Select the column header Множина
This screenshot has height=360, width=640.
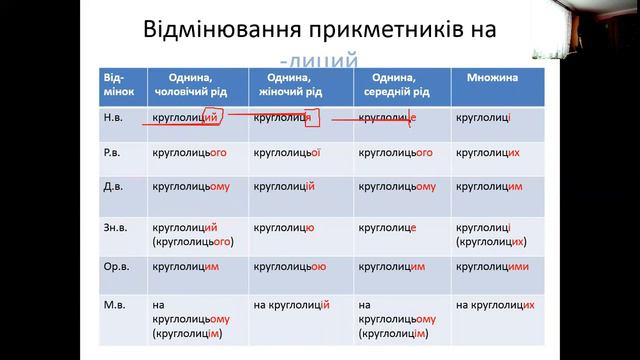[489, 77]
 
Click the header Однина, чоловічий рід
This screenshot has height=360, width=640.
[195, 84]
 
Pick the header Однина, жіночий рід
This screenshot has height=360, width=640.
[300, 84]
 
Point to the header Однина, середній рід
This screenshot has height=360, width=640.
[400, 84]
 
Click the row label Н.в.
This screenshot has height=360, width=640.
[116, 117]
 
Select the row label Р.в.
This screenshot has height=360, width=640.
[116, 153]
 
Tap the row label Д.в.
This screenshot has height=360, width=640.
[116, 186]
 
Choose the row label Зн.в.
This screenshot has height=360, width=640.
[118, 227]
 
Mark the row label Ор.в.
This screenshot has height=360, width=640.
[118, 267]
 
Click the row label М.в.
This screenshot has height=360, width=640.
[116, 304]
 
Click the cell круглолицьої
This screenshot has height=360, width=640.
[287, 153]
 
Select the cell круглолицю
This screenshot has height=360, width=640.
[284, 227]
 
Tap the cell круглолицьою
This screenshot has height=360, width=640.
[290, 267]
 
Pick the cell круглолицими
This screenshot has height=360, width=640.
[492, 267]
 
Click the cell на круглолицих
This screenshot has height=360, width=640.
[494, 304]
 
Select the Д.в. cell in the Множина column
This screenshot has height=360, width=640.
[489, 186]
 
